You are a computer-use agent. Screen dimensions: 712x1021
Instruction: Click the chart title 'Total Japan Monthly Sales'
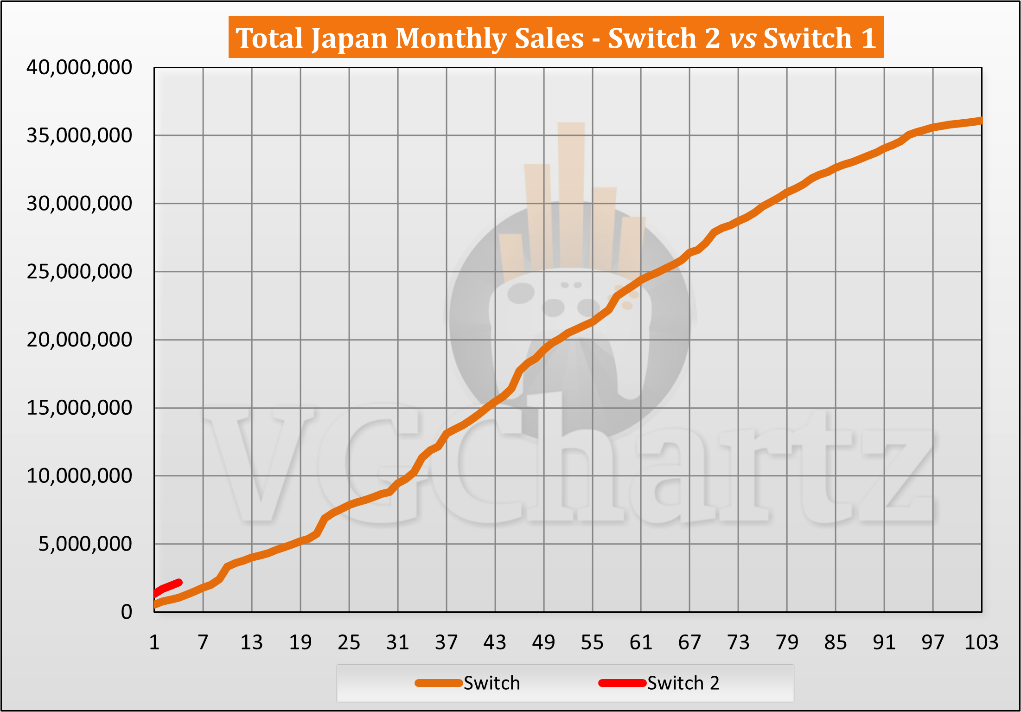click(555, 38)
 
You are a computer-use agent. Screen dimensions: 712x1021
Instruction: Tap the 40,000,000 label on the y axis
click(79, 68)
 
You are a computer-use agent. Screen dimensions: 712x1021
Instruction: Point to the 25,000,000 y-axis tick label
click(79, 272)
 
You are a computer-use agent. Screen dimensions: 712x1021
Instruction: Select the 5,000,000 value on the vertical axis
click(85, 544)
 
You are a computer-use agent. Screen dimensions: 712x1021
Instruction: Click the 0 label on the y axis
click(127, 612)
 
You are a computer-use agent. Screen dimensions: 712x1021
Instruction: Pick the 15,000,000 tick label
click(79, 408)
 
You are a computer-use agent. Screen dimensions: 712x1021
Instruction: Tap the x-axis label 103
click(981, 643)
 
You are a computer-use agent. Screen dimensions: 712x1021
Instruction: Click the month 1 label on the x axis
click(154, 643)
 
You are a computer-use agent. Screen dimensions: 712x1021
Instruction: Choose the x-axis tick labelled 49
click(543, 643)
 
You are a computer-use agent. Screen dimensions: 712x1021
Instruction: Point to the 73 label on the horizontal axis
click(738, 643)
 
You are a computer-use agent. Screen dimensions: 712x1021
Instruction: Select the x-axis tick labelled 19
click(300, 643)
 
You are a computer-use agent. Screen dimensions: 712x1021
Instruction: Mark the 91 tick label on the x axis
click(884, 643)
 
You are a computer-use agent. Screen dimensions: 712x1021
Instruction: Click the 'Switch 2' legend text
click(683, 683)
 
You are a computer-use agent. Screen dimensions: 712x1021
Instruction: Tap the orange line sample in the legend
click(439, 683)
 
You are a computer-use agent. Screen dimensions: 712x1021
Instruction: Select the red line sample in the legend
click(622, 683)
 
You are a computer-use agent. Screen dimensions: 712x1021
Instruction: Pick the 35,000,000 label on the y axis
click(79, 136)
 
